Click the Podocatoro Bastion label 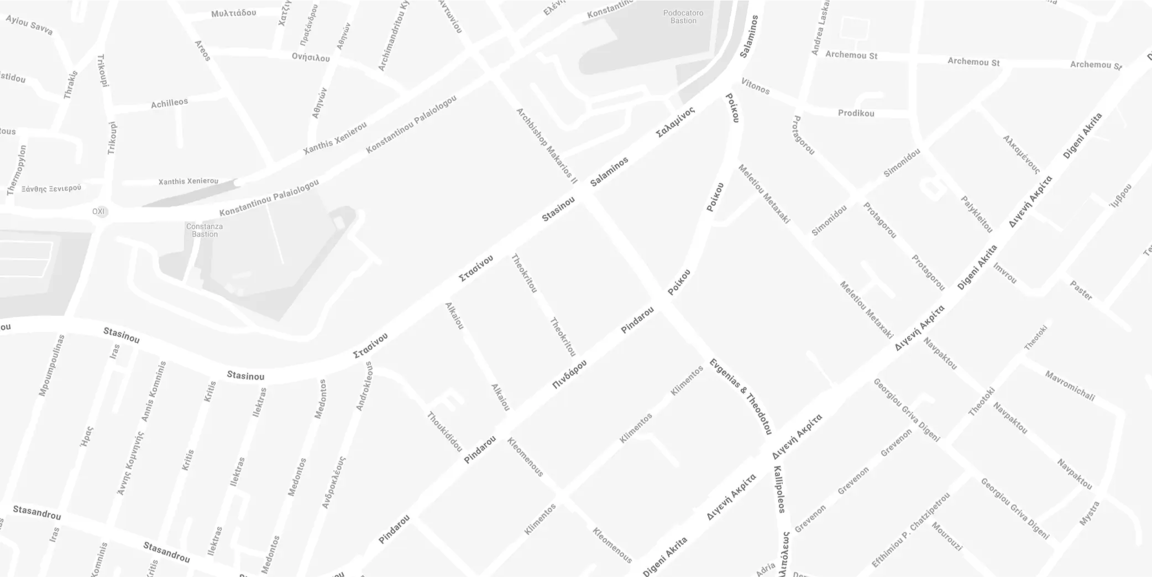tap(683, 17)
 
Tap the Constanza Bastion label tap(205, 230)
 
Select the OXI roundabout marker tap(99, 211)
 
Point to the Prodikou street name tap(856, 113)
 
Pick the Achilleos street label tap(169, 103)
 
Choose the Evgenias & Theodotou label tap(740, 396)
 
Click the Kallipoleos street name tap(779, 489)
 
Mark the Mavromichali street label tap(1069, 386)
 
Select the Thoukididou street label tap(444, 432)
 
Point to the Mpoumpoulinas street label tap(51, 366)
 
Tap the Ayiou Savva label tap(29, 25)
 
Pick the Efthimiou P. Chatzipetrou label tap(910, 529)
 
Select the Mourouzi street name tap(947, 537)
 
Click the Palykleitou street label tap(977, 214)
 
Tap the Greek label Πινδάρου tap(569, 374)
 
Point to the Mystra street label tap(1089, 513)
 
